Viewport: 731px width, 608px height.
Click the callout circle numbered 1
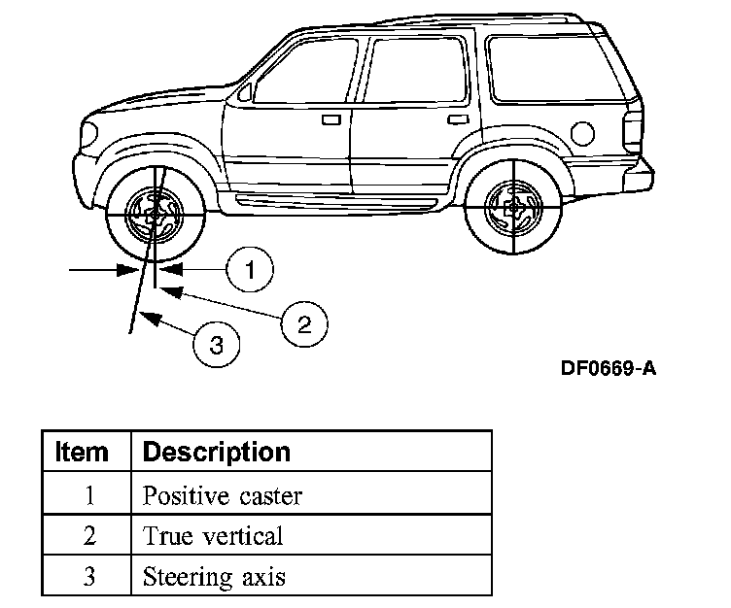tap(250, 268)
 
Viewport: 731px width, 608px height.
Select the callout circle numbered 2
tap(303, 322)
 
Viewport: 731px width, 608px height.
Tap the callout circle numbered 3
tap(216, 344)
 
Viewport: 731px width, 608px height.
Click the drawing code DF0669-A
tap(608, 369)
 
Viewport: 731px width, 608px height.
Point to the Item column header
tap(83, 453)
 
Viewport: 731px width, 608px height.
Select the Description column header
tap(217, 453)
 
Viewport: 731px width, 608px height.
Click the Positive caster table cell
tap(223, 495)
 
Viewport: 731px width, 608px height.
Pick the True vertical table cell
tap(213, 536)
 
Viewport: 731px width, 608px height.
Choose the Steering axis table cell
tap(215, 577)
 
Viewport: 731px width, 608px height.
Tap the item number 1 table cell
tap(87, 495)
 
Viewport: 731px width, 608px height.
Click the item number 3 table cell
tap(87, 577)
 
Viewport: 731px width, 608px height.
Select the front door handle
tap(331, 119)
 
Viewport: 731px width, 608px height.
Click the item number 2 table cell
tap(87, 536)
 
